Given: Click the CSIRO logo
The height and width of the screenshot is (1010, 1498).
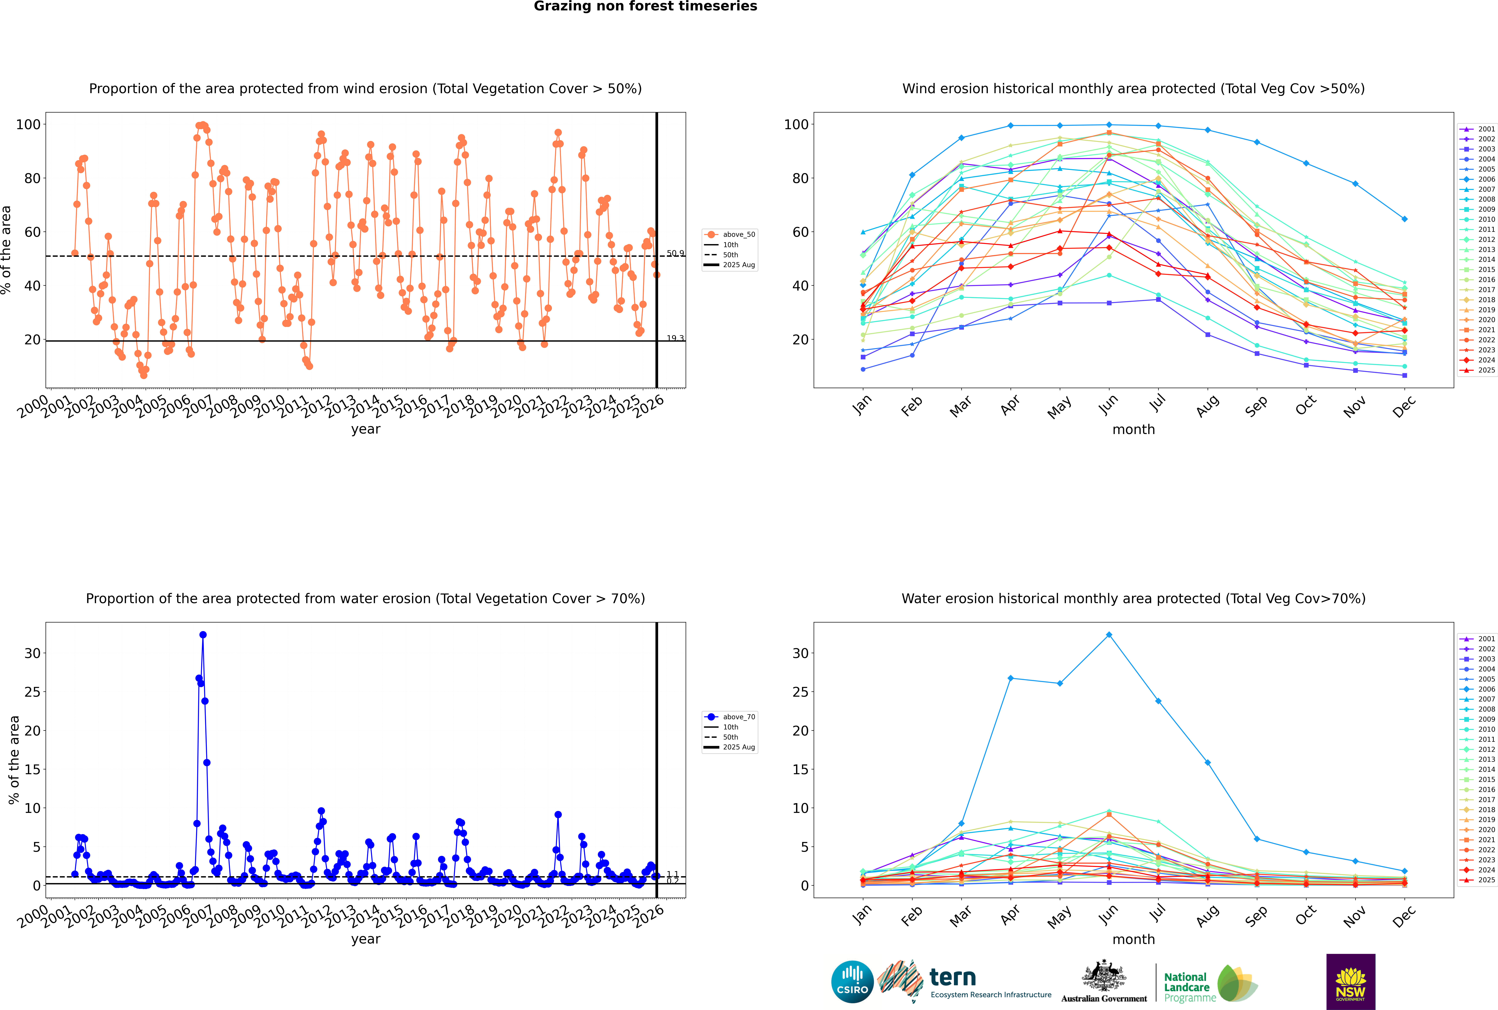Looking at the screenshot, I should [x=852, y=982].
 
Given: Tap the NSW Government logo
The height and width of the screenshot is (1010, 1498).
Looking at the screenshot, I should [x=1350, y=981].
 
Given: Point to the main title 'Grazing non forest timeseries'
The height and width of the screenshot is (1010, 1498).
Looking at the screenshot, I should [x=645, y=6].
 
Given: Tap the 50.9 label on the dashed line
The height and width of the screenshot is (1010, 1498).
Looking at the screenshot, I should [x=675, y=253].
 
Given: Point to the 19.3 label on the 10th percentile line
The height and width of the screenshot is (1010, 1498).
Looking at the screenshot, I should [x=675, y=338].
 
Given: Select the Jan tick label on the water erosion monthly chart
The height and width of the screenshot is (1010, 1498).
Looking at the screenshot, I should [x=862, y=915].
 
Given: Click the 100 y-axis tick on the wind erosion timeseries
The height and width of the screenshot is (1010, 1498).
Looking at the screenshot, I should [x=28, y=124].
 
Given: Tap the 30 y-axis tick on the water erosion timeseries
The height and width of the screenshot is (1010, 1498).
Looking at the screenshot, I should [x=32, y=653].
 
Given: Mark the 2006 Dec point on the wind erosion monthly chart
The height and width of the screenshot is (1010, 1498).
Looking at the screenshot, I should [x=1405, y=219].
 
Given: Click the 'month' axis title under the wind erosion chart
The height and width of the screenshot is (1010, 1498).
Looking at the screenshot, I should [x=1133, y=430].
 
